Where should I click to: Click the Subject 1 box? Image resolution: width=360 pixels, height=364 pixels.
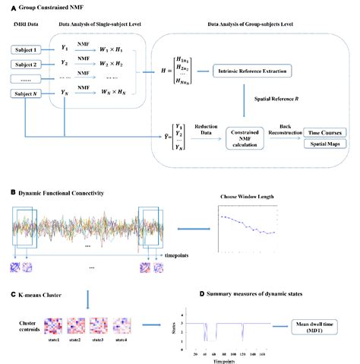(x=26, y=51)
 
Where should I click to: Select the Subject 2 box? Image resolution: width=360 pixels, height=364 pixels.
(x=26, y=65)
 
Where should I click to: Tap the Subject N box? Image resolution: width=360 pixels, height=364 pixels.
(x=26, y=94)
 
